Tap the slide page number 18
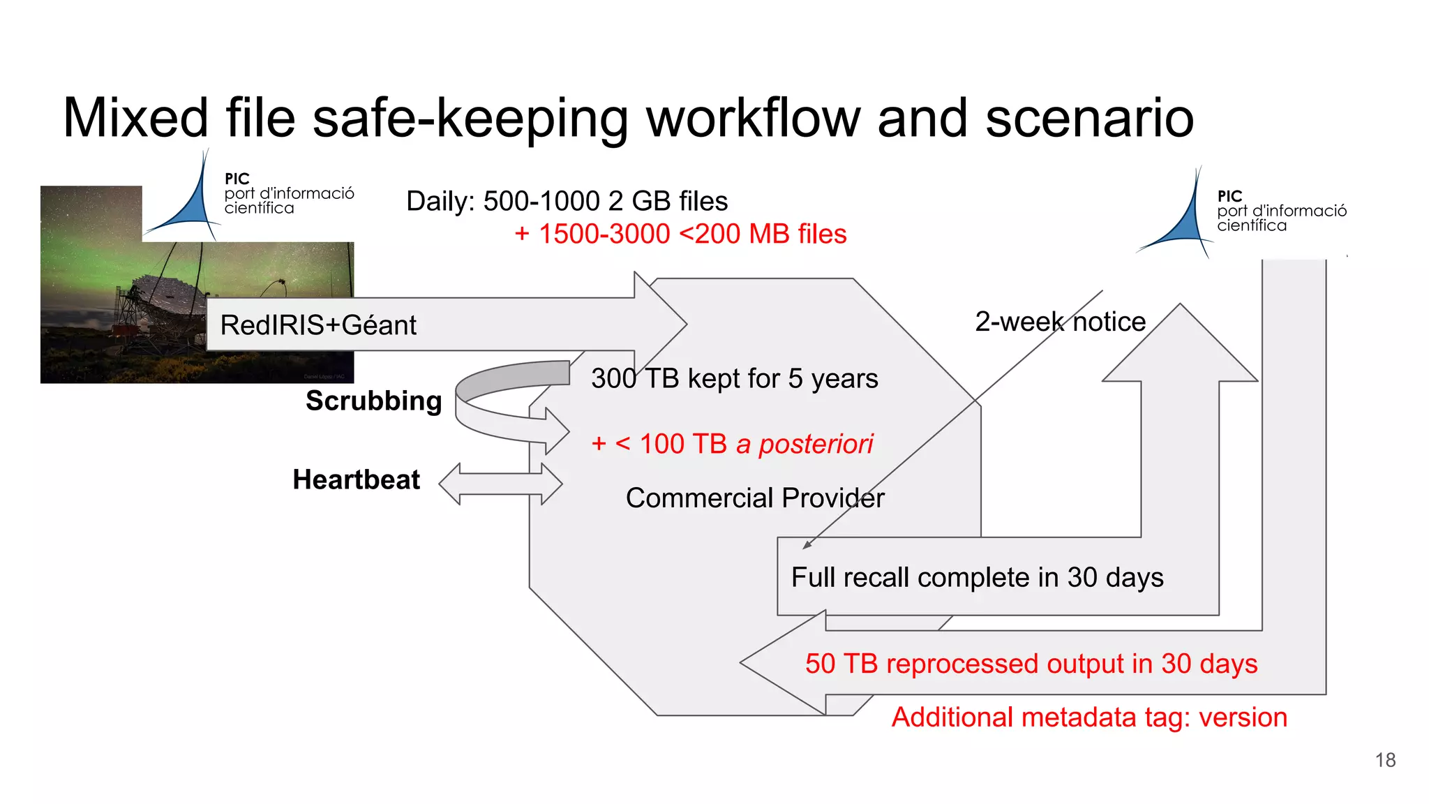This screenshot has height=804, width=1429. coord(1385,760)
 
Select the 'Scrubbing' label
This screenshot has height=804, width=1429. coord(373,401)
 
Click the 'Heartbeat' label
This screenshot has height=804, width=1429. coord(356,479)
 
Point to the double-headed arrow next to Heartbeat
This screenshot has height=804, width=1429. coord(500,483)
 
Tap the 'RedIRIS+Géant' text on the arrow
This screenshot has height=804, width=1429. coord(318,325)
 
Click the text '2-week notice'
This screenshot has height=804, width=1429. coord(1060,322)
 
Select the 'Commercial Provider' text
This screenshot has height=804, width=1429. coord(754,498)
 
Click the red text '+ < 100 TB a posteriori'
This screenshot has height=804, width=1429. coord(732,444)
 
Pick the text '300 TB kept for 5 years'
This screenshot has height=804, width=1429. coord(734,378)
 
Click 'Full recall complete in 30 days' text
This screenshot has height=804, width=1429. coord(977,577)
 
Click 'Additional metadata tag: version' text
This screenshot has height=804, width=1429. coord(1088,717)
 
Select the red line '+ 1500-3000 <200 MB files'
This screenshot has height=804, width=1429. coord(680,234)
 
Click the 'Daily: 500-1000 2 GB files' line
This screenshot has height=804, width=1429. coord(567,201)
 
